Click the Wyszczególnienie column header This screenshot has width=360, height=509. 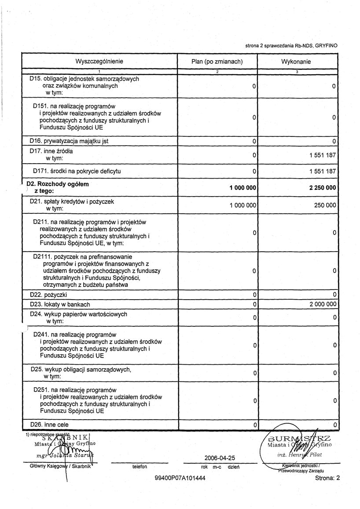click(x=99, y=62)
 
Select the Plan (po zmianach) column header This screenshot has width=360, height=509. click(x=217, y=62)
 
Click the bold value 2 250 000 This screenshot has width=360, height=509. click(x=320, y=187)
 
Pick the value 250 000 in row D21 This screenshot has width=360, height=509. click(x=325, y=205)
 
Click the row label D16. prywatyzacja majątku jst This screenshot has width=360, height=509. click(x=69, y=141)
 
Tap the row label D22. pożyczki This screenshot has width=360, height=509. click(x=48, y=294)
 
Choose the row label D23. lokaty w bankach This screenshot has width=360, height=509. click(x=60, y=304)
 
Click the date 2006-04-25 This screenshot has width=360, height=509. click(x=217, y=458)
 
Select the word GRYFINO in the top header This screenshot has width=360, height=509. click(x=327, y=45)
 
